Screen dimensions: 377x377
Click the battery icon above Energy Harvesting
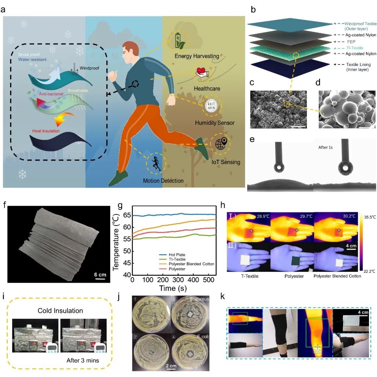click(x=178, y=40)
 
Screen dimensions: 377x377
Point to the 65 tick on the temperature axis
click(x=126, y=215)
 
